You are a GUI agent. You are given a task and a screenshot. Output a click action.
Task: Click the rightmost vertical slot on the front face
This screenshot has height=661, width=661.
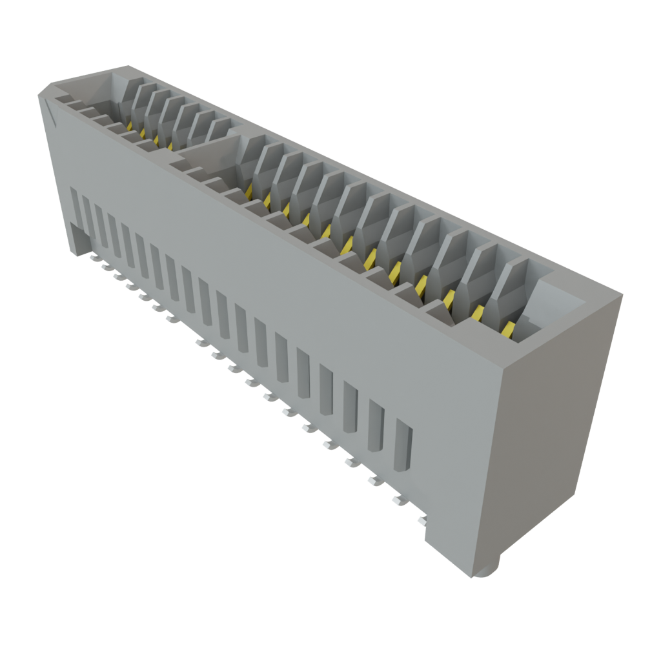(x=402, y=445)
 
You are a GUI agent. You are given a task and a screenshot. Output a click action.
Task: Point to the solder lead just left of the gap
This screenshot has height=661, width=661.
(x=171, y=317)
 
